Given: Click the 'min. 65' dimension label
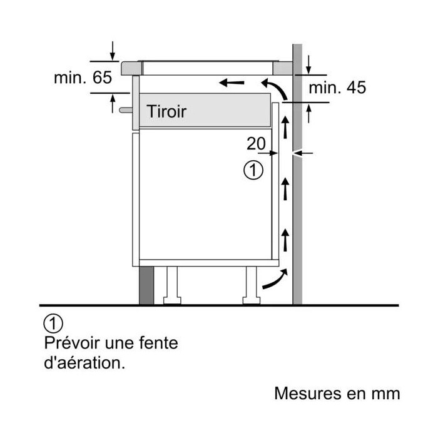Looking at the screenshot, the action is [83, 78].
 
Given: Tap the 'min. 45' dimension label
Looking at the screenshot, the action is [337, 88].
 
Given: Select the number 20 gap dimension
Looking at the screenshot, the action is [256, 143].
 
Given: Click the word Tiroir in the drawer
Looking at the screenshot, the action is [166, 111].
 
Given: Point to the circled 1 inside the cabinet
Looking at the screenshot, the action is [253, 170].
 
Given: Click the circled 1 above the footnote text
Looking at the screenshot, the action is [53, 323].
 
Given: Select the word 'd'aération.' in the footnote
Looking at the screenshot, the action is [84, 363].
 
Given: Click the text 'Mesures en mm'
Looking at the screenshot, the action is [337, 394].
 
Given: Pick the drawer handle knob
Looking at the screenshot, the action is [126, 110].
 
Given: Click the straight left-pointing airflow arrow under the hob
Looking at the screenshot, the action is [232, 83].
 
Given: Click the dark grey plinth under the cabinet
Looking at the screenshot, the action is [146, 285].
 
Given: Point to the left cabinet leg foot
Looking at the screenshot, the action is [172, 300].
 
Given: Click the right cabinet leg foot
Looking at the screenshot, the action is [252, 300].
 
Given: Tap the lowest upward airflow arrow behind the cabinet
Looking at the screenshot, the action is [285, 240].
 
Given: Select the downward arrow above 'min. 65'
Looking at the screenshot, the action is [112, 51].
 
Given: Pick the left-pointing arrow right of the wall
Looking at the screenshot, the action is [303, 153].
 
